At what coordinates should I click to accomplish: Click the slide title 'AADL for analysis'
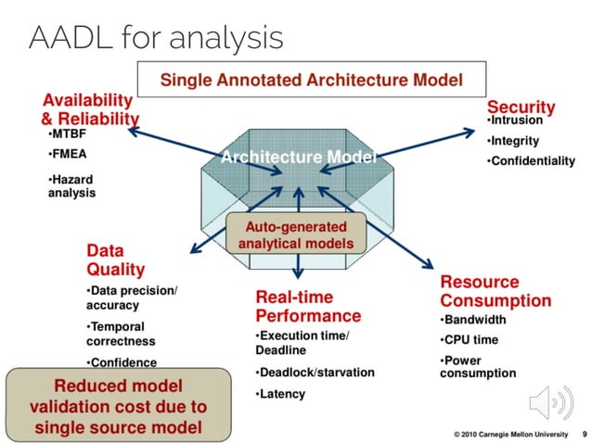tap(156, 37)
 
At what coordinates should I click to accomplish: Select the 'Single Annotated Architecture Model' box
tap(311, 80)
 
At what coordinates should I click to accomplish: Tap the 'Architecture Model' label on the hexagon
tap(298, 158)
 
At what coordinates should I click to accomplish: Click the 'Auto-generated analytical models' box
tap(295, 234)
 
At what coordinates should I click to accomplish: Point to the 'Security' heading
tap(521, 107)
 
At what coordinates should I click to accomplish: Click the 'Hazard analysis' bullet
tap(72, 186)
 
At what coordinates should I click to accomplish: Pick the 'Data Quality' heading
tap(115, 259)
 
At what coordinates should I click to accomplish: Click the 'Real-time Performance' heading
tap(306, 306)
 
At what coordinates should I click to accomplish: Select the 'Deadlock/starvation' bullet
tap(315, 372)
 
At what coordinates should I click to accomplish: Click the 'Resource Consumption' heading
tap(495, 291)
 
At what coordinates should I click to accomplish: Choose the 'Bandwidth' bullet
tap(477, 320)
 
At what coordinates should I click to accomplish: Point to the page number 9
tap(584, 433)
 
